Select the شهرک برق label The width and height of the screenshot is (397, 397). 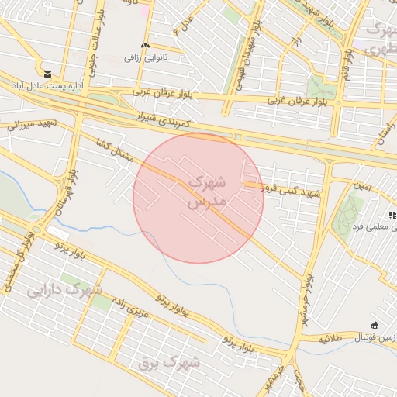pos(169,361)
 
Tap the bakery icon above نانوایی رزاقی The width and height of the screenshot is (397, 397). pos(146,46)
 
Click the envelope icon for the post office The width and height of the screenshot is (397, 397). pos(48,73)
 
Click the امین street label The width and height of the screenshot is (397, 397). pos(362,188)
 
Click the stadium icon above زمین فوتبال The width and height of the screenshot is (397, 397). pos(376,325)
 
